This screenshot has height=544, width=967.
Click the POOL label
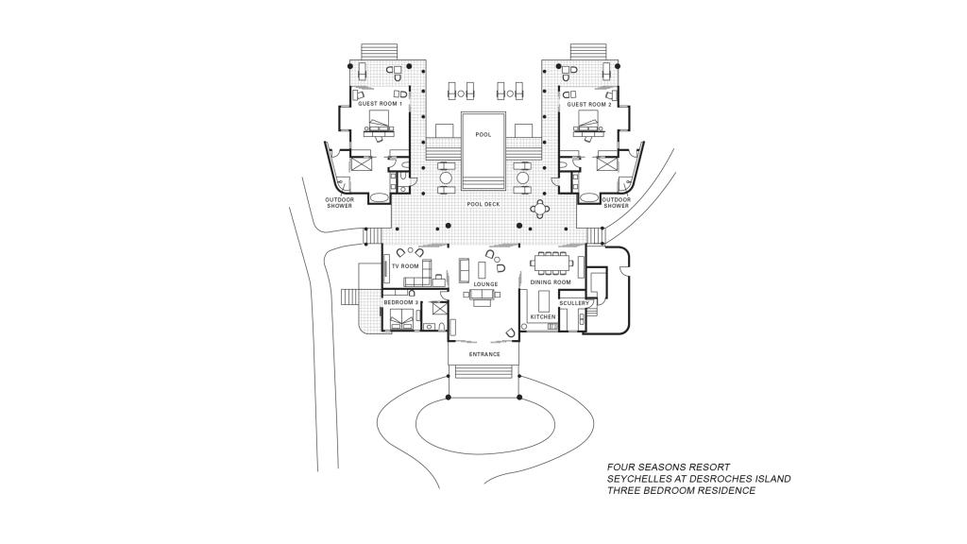(x=483, y=135)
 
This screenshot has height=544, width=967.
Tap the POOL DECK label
(x=483, y=204)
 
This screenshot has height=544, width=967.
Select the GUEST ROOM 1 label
(x=381, y=104)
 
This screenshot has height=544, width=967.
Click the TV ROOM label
(x=405, y=266)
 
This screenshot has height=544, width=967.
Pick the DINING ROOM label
(x=551, y=282)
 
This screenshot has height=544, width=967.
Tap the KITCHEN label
(x=543, y=316)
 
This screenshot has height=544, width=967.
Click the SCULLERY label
(x=574, y=303)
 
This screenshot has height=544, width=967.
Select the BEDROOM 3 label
(x=400, y=302)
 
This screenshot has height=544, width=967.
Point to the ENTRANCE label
(x=484, y=354)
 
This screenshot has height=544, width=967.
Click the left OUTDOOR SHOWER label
(x=339, y=203)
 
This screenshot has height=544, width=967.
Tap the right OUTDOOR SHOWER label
(x=616, y=203)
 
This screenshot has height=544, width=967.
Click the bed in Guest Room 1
(x=381, y=123)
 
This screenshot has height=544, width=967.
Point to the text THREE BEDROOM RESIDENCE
(x=681, y=490)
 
